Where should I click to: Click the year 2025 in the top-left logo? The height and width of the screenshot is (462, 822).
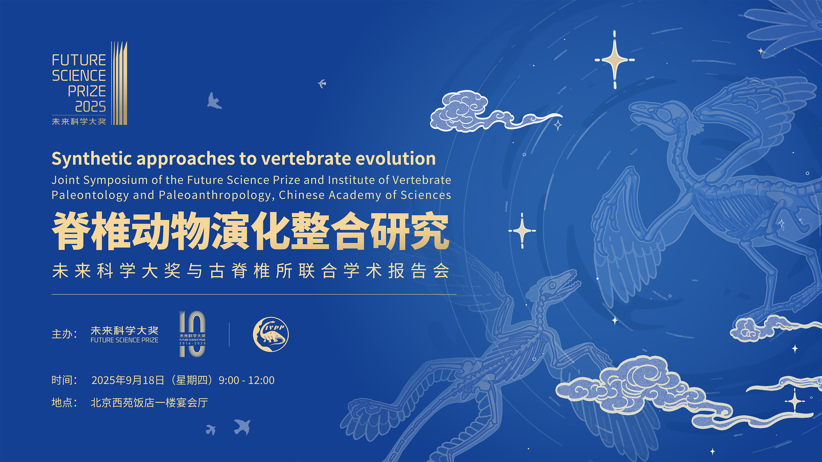90,107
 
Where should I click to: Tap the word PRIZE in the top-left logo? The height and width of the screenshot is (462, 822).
87,91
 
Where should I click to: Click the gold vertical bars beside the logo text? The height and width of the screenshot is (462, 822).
119,83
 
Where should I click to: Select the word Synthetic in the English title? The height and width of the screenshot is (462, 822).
92,159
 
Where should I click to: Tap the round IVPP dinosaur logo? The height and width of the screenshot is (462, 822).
271,334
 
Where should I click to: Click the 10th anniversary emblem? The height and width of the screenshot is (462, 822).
192,334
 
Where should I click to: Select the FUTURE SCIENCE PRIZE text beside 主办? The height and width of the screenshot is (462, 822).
124,340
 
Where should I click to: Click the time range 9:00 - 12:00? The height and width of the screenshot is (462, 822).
246,381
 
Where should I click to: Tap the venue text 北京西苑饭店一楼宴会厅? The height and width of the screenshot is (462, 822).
149,403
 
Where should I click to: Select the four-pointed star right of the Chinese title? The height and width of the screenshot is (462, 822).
522,231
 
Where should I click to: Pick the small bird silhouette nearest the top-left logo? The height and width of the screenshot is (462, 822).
214,101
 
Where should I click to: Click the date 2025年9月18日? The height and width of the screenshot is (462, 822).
128,381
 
